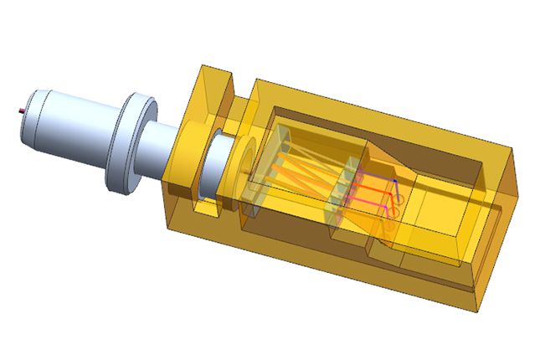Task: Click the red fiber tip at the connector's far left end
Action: (x=18, y=110)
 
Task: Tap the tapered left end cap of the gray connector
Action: (x=29, y=114)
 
